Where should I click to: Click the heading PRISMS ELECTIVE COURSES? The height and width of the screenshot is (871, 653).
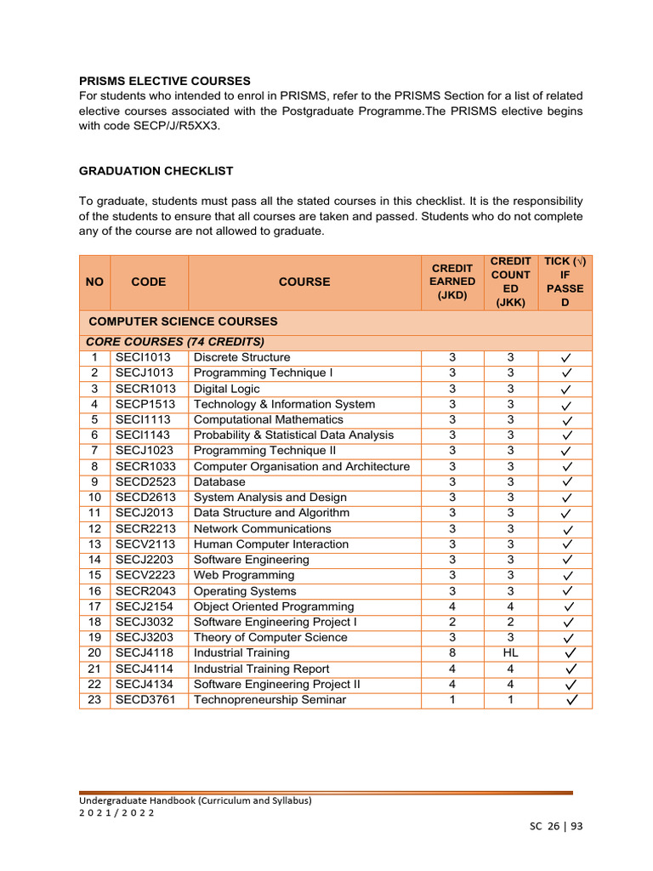164,81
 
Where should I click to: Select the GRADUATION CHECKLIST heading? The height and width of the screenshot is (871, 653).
156,171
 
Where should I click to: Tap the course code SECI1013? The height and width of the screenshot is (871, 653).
144,357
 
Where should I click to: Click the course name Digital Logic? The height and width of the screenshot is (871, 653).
227,389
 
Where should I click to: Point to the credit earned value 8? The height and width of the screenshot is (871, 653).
452,653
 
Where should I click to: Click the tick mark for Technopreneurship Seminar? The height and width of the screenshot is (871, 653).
567,700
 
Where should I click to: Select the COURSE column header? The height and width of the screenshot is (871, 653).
304,282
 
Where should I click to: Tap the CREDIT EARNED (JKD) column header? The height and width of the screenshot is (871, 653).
452,282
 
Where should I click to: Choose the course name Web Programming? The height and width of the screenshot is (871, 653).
244,575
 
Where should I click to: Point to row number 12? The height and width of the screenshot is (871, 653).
94,528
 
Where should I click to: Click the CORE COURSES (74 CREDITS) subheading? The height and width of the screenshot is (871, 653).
174,341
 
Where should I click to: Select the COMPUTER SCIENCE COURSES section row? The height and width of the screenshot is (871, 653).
183,322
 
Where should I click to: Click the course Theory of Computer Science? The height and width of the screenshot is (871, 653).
270,637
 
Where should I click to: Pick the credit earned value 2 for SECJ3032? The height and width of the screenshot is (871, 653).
452,622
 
